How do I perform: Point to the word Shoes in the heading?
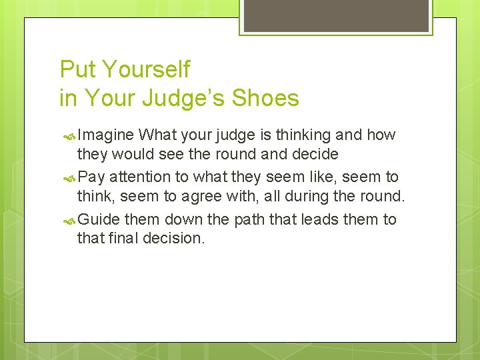[265, 99]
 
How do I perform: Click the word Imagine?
[106, 135]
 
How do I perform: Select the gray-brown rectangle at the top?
[335, 15]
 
